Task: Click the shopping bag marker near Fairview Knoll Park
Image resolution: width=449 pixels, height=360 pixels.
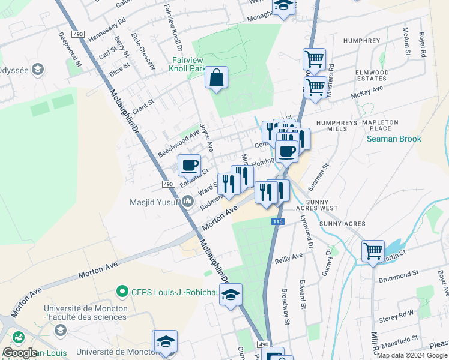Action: click(x=216, y=78)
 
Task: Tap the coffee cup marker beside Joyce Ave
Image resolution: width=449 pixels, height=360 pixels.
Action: click(x=189, y=165)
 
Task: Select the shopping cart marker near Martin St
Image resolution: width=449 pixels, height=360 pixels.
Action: click(x=373, y=251)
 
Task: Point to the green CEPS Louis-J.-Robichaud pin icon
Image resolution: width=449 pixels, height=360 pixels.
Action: click(x=122, y=292)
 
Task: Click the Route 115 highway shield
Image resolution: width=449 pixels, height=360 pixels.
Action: click(x=277, y=222)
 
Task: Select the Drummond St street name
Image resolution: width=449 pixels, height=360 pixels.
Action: click(x=399, y=273)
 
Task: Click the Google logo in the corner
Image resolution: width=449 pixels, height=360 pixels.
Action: click(x=20, y=353)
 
